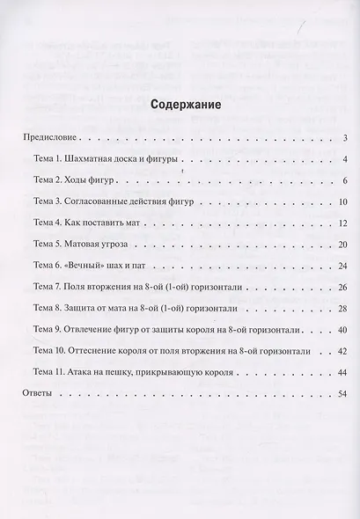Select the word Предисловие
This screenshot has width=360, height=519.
point(50,138)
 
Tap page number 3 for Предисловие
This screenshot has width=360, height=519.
point(348,138)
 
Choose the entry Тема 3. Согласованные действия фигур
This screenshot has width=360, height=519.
point(117,201)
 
